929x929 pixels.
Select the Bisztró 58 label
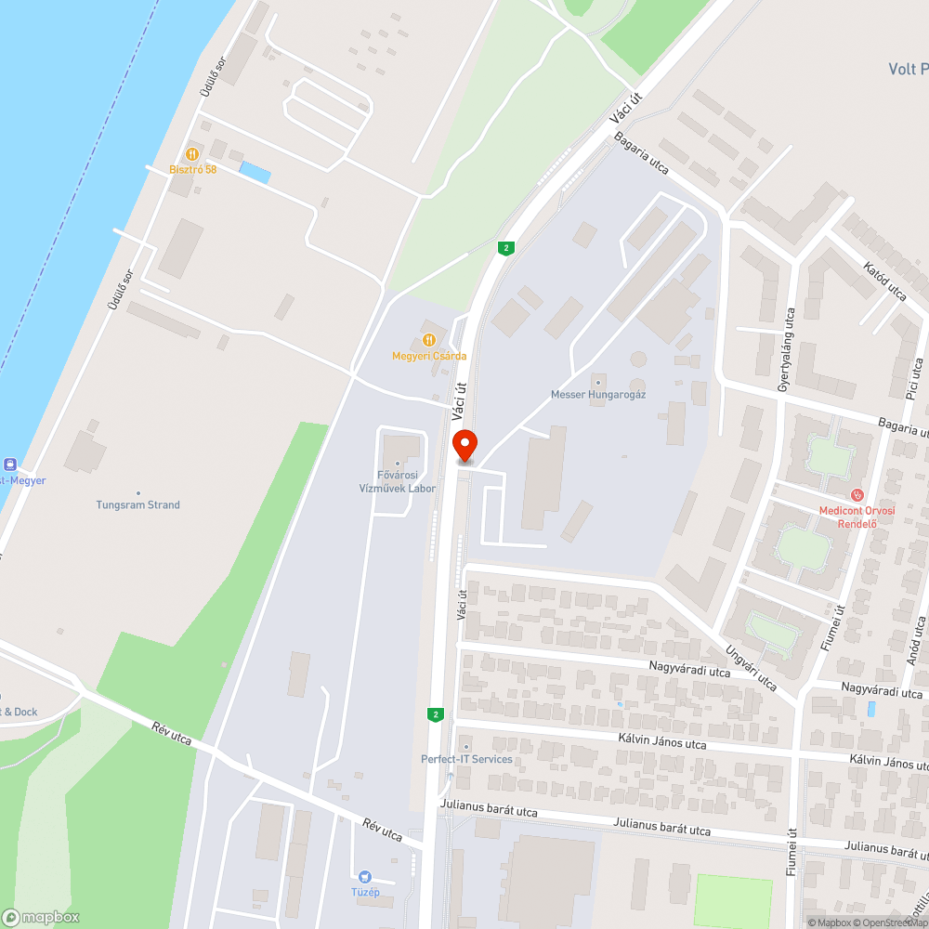pyautogui.click(x=192, y=169)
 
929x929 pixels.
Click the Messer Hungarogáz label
pyautogui.click(x=598, y=394)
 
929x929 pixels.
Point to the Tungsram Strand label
pyautogui.click(x=138, y=504)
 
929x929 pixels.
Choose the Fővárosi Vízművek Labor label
pyautogui.click(x=398, y=483)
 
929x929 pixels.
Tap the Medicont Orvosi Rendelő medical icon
pyautogui.click(x=857, y=495)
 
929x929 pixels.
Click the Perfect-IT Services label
pyautogui.click(x=466, y=759)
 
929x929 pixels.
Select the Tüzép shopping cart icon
pyautogui.click(x=366, y=876)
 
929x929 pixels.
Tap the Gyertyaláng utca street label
pyautogui.click(x=786, y=349)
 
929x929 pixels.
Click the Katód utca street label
pyautogui.click(x=884, y=281)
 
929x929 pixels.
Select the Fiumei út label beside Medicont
pyautogui.click(x=839, y=628)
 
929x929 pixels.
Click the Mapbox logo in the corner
pyautogui.click(x=41, y=917)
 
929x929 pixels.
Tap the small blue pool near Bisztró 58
pyautogui.click(x=255, y=172)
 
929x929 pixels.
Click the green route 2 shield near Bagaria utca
pyautogui.click(x=505, y=248)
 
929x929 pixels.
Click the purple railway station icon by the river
pyautogui.click(x=10, y=464)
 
